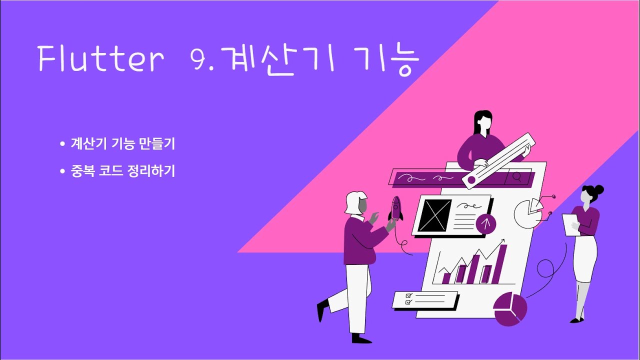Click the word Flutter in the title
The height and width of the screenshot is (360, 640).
[100, 59]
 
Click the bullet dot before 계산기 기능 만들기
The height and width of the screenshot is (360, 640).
[62, 144]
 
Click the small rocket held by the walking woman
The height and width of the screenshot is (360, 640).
[396, 208]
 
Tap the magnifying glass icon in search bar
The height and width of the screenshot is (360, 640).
[516, 177]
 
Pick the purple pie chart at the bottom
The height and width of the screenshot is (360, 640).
[510, 309]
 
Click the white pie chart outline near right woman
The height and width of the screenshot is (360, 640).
[527, 213]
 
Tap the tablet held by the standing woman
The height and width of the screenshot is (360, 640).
[570, 224]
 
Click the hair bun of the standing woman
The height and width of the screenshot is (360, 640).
[598, 189]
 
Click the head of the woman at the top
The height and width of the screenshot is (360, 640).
[482, 122]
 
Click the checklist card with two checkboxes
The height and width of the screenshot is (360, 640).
[425, 299]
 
